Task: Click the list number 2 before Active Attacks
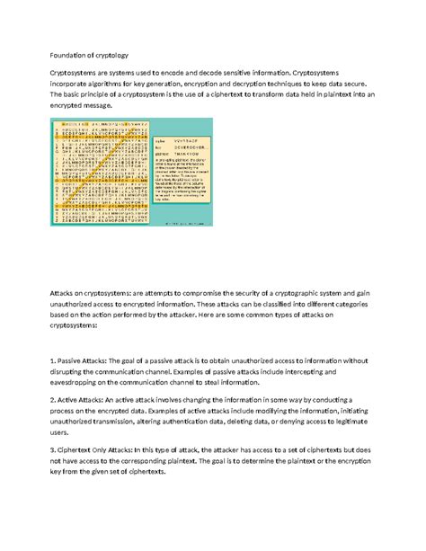coord(57,399)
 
